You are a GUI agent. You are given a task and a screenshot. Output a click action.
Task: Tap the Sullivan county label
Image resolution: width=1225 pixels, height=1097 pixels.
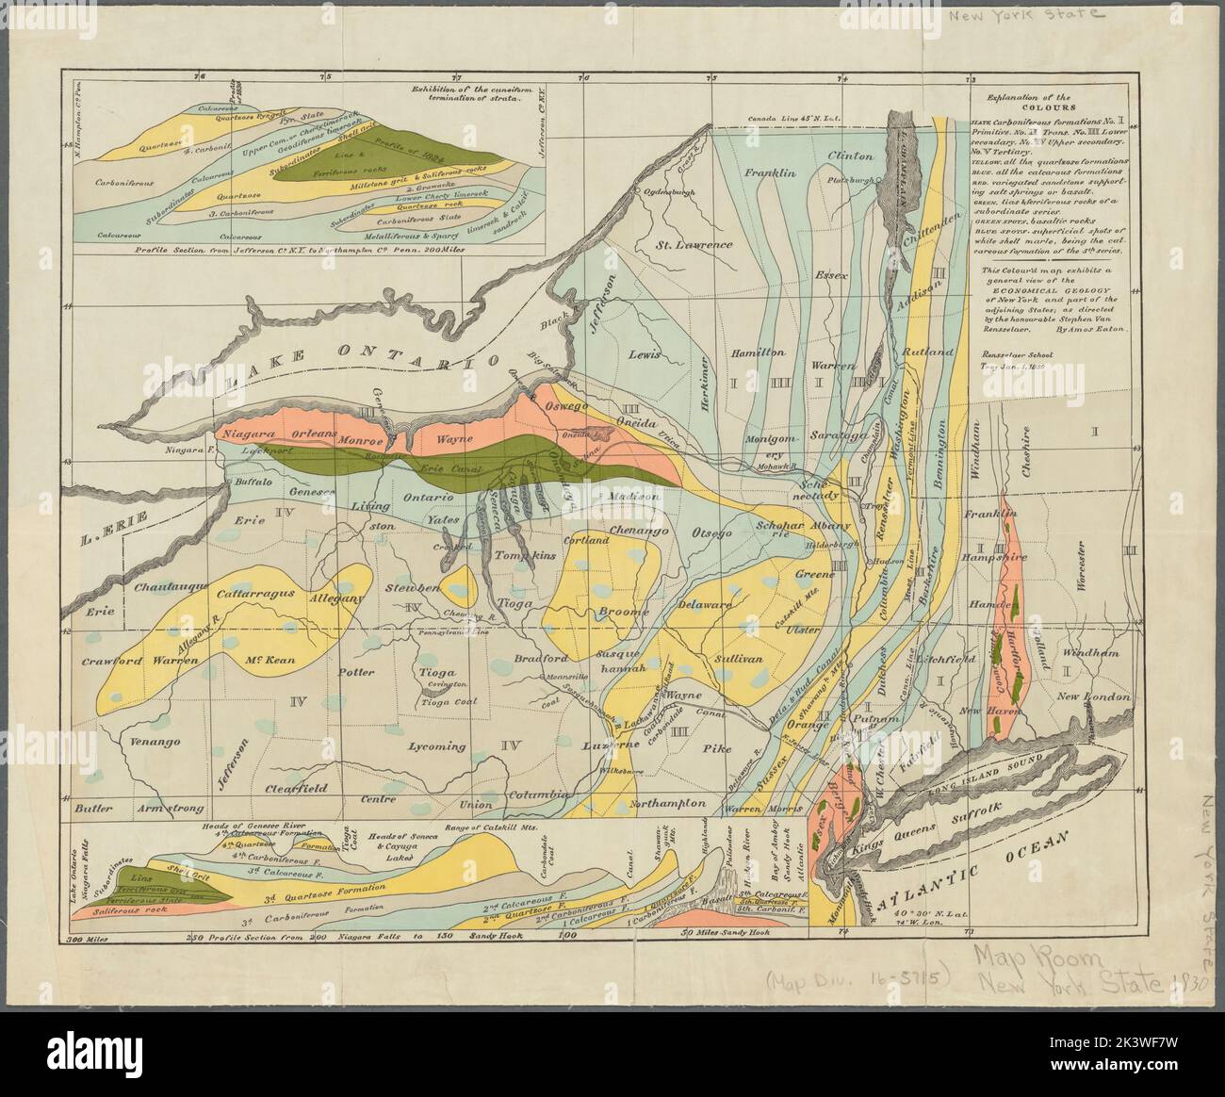(x=735, y=660)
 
